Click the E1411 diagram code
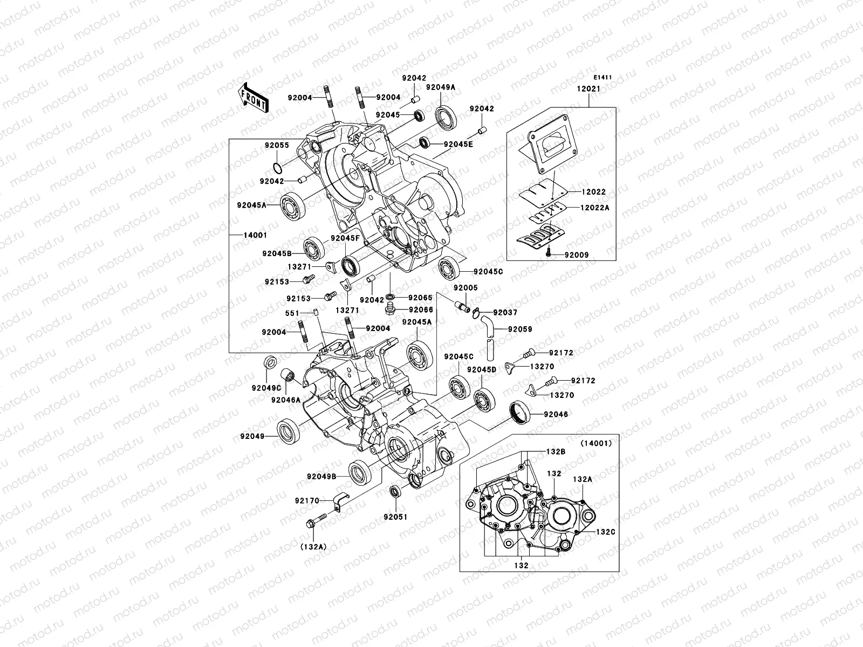(x=603, y=77)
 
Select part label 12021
(x=588, y=88)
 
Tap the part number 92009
(x=577, y=254)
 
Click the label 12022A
(x=594, y=208)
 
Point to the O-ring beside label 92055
(x=276, y=167)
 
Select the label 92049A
(x=440, y=87)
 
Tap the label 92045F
(x=345, y=238)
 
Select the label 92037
(x=505, y=312)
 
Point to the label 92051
(x=395, y=517)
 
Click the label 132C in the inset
(x=605, y=531)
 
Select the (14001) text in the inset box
(x=596, y=444)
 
